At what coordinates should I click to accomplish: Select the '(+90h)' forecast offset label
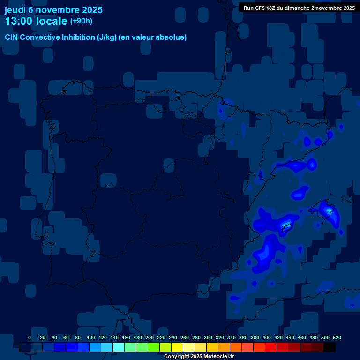tap(81, 21)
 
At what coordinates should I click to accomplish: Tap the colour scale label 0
tap(30, 338)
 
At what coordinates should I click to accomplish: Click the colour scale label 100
tap(91, 338)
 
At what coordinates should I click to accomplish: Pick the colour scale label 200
tap(150, 338)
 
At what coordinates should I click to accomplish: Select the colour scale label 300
tap(208, 338)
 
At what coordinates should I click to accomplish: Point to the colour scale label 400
tap(267, 338)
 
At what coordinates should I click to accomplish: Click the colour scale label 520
tap(337, 338)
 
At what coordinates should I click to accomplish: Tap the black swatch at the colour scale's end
tap(330, 347)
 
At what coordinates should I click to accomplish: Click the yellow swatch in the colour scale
tap(177, 347)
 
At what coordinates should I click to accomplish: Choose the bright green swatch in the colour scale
tap(154, 347)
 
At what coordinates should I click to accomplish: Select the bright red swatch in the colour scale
tap(271, 347)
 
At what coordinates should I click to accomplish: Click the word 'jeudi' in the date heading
tap(15, 10)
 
